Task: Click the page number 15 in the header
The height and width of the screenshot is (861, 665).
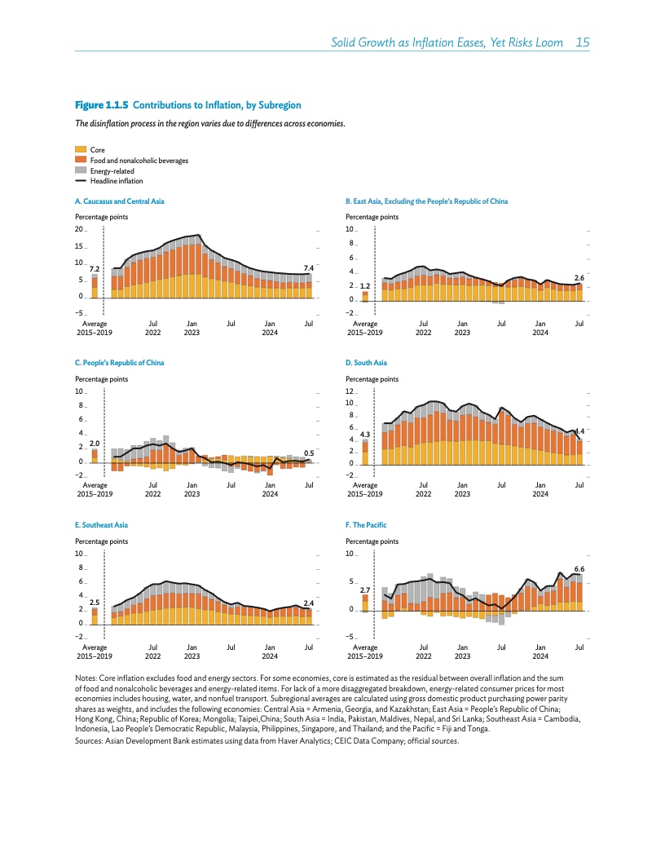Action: (x=582, y=42)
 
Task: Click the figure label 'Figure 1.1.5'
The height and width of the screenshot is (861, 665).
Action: (x=102, y=105)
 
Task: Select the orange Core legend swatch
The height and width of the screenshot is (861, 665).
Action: (x=80, y=150)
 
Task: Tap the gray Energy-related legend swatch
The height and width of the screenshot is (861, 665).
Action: (x=80, y=171)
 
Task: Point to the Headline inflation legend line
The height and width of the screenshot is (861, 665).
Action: (x=80, y=181)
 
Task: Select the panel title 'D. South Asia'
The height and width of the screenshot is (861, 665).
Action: (x=367, y=362)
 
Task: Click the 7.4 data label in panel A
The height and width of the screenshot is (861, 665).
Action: (x=309, y=267)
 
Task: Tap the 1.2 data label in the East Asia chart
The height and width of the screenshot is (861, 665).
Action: (x=365, y=286)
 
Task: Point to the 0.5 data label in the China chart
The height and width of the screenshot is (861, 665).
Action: (x=309, y=453)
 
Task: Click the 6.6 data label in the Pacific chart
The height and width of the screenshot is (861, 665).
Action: (x=579, y=567)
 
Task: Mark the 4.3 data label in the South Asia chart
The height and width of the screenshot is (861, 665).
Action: (x=365, y=435)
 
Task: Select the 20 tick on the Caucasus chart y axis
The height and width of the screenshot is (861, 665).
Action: (x=79, y=230)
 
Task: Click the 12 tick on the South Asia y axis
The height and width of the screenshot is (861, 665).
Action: (x=350, y=392)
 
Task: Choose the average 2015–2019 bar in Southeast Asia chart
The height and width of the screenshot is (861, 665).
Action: (x=95, y=616)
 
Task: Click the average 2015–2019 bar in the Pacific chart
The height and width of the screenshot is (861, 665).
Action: (x=365, y=603)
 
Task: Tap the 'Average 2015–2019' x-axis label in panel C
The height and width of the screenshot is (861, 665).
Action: (x=95, y=490)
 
